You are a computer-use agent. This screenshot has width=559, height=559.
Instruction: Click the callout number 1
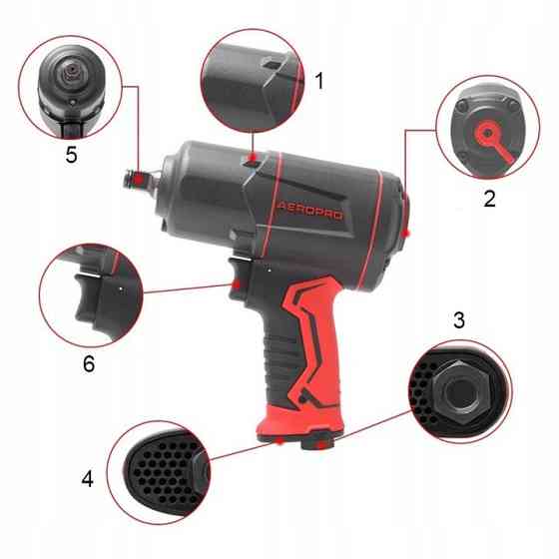[319, 81]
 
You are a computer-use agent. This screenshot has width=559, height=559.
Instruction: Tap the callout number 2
[489, 199]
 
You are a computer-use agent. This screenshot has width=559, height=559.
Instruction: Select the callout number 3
[459, 319]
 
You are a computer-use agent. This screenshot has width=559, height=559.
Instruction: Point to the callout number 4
[88, 479]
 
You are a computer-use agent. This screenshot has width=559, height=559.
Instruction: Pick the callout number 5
[71, 155]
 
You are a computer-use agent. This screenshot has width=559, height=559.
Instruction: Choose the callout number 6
[89, 363]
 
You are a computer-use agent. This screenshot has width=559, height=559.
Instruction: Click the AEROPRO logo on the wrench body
[309, 211]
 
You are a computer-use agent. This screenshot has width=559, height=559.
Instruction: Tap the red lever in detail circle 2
[496, 140]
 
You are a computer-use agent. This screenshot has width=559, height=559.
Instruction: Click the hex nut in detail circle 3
[459, 391]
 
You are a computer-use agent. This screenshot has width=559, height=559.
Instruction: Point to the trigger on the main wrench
[237, 279]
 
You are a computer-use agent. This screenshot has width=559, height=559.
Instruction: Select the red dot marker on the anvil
[140, 182]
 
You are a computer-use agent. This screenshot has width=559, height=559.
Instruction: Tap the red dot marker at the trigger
[237, 284]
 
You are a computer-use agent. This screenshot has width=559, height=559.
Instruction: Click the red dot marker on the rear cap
[405, 234]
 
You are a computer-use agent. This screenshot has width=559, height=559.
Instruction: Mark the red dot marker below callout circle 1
[253, 158]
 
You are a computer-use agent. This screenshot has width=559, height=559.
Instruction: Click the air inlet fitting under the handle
[317, 440]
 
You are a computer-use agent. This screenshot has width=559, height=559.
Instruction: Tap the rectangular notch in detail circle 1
[272, 65]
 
